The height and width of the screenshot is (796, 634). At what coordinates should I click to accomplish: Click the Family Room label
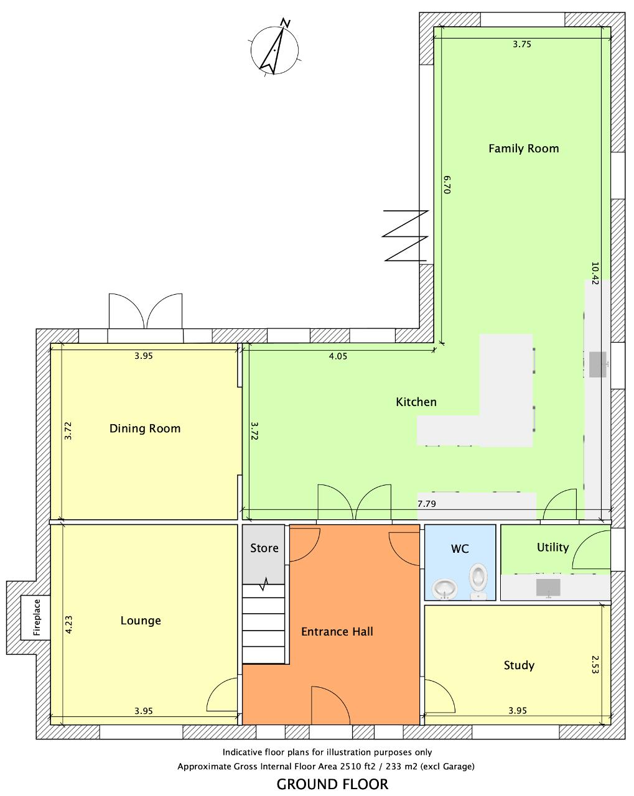click(x=523, y=149)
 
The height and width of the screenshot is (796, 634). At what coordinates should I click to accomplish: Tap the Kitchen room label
click(x=416, y=402)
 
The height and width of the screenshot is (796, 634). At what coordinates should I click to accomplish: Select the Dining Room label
click(x=145, y=428)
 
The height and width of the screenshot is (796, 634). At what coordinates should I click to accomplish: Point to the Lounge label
click(x=141, y=621)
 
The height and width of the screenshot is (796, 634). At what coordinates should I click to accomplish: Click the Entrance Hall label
click(x=337, y=631)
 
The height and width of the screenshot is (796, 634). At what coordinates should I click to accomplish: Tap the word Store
click(x=264, y=548)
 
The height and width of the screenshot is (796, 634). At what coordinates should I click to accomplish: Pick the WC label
click(x=460, y=548)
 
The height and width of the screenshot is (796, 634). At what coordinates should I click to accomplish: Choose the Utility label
click(x=552, y=547)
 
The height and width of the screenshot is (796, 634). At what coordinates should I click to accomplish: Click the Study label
click(x=519, y=665)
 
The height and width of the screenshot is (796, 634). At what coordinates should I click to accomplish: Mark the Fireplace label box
click(x=36, y=618)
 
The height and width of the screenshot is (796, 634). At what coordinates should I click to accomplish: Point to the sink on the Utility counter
click(x=548, y=587)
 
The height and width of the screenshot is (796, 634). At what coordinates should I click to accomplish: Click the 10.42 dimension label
click(x=595, y=274)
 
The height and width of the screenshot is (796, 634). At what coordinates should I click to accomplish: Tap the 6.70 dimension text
click(x=447, y=185)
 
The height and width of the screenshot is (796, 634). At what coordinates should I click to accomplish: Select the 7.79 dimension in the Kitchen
click(x=426, y=504)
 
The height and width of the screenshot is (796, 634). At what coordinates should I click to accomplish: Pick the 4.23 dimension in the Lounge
click(x=68, y=625)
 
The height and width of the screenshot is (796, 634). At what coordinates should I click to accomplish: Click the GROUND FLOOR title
click(x=332, y=784)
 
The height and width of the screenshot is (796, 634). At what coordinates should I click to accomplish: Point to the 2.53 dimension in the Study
click(x=595, y=664)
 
